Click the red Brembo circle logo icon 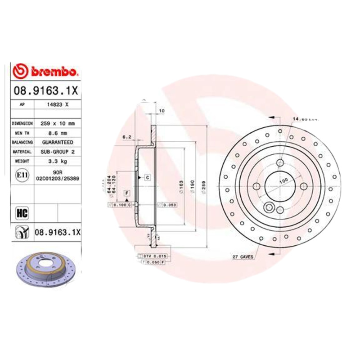(21, 71)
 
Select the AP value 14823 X (58, 104)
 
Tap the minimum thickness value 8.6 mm (58, 133)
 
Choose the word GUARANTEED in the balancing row (58, 142)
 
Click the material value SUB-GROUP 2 (58, 152)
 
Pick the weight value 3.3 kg (58, 161)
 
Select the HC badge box (22, 212)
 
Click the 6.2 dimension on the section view (126, 137)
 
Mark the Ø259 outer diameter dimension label (204, 186)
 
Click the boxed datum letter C (147, 177)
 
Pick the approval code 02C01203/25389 (58, 178)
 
